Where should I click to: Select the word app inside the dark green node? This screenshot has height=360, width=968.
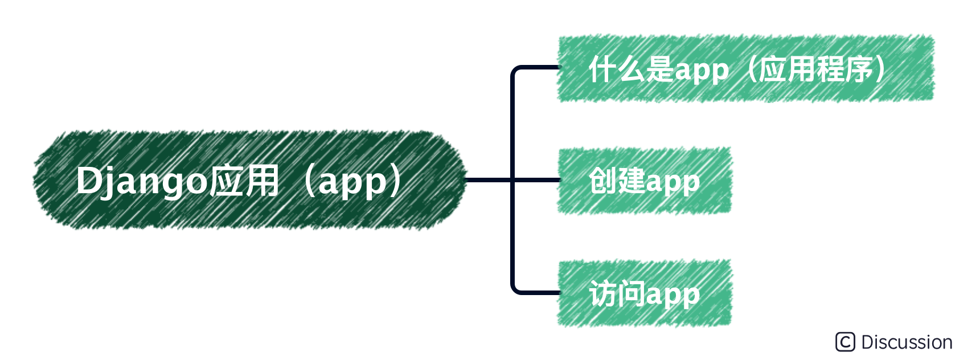352,182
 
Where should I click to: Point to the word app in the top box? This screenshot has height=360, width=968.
702,71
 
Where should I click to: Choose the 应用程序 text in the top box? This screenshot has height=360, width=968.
815,69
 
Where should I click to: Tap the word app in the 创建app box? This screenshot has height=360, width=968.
672,182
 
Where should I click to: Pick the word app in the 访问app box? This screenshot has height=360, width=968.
672,295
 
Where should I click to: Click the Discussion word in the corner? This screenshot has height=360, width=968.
907,342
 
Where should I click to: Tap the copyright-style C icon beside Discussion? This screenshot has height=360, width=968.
846,342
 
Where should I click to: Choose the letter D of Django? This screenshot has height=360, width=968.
89,181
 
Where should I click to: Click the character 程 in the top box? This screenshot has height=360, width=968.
830,69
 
